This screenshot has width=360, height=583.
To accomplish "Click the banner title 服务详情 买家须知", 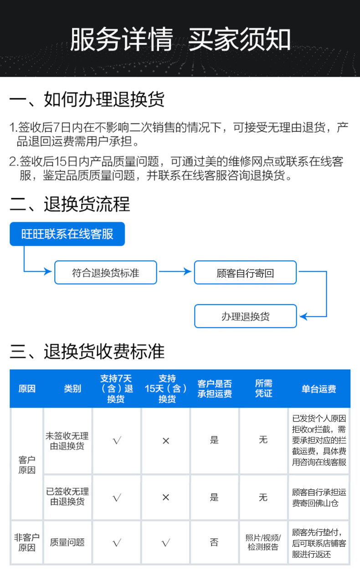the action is tap(180, 39).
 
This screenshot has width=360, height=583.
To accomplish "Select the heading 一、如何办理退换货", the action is tap(87, 99).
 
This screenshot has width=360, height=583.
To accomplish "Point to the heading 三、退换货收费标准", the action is tap(87, 351).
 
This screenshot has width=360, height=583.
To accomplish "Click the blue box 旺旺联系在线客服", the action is tap(67, 234).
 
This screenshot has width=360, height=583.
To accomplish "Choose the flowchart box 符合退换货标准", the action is tap(105, 273).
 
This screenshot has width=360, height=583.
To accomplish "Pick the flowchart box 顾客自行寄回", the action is tap(245, 273).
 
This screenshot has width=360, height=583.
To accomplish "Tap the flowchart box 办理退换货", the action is tap(245, 316).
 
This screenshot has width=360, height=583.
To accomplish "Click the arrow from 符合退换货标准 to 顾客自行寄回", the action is tap(175, 272).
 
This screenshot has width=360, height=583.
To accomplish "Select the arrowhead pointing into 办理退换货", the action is tap(303, 316).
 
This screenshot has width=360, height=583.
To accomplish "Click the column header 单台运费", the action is tap(319, 389).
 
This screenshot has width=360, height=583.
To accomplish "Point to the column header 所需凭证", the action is tap(263, 388).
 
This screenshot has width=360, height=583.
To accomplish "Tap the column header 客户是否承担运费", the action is tap(214, 388).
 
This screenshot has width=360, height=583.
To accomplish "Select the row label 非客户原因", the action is tap(26, 542).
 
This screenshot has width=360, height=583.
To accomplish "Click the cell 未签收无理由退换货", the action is tap(67, 441).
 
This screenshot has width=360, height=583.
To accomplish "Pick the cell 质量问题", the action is tap(67, 542).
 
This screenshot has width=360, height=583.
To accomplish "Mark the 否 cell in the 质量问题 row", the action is tap(214, 542).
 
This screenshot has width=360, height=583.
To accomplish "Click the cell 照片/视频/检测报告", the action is tap(263, 542).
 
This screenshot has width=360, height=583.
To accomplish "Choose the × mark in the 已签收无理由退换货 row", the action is tap(165, 497).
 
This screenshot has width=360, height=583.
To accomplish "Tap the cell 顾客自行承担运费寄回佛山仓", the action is tap(319, 497).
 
